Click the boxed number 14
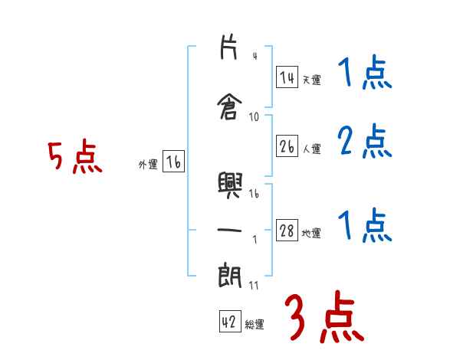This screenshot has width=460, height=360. click(x=287, y=77)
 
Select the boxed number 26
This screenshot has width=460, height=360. click(x=287, y=146)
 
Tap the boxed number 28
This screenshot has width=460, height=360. click(x=287, y=231)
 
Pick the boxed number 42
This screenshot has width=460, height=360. click(x=229, y=322)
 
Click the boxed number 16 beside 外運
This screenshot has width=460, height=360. click(x=173, y=162)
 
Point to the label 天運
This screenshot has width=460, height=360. click(x=311, y=80)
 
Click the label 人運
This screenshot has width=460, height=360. click(x=311, y=148)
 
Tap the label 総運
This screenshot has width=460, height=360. click(x=255, y=325)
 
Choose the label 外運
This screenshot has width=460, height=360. click(x=147, y=164)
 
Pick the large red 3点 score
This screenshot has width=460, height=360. click(x=324, y=316)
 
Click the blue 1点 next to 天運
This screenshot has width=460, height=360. click(x=364, y=74)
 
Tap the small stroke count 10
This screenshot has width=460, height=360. click(x=255, y=117)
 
